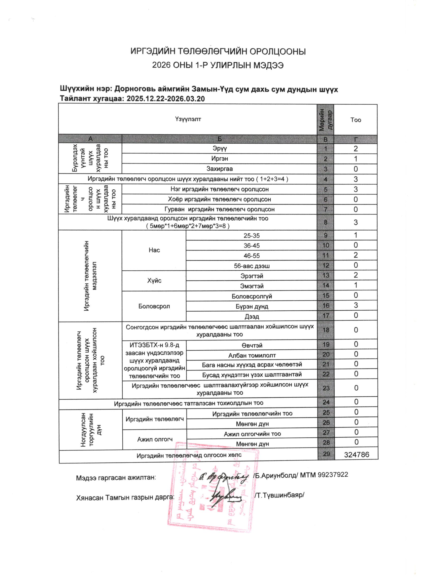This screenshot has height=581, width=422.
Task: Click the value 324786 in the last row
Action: [356, 455]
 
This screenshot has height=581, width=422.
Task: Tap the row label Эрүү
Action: [219, 148]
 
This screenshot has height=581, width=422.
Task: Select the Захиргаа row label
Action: [219, 169]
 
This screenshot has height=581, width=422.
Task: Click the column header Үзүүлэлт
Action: [188, 119]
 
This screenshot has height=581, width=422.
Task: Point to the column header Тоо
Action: [355, 120]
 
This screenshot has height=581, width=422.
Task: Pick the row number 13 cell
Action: [325, 275]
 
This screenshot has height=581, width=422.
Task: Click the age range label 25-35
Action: [251, 235]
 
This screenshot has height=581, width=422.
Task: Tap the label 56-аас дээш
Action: [251, 266]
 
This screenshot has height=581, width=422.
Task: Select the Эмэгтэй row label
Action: [251, 286]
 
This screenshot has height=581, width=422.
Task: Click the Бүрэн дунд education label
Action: [252, 306]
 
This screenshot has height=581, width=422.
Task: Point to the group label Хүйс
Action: [154, 281]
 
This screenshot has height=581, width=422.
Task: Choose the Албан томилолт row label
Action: [252, 355]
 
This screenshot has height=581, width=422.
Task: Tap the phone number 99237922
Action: [333, 475]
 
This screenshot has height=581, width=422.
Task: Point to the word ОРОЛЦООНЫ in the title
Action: [278, 51]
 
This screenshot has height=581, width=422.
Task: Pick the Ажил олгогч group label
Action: [155, 439]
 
